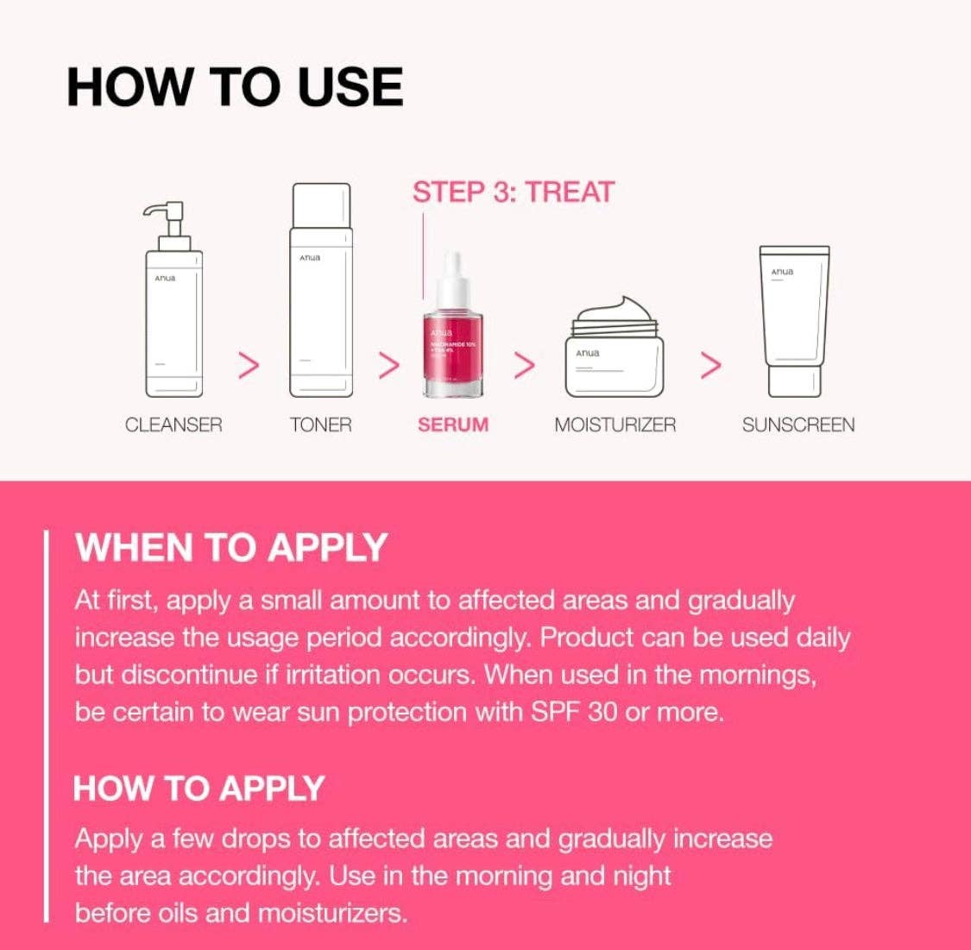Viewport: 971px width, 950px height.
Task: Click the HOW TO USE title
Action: [235, 87]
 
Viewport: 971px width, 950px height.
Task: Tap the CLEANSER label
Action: [173, 425]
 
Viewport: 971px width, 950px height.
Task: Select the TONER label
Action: [321, 425]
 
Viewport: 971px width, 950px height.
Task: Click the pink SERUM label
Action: [453, 425]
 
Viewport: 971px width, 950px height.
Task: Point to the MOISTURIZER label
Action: [615, 425]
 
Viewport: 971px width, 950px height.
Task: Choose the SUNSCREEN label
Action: [798, 425]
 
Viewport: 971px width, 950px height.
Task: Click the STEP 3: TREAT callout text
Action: [513, 192]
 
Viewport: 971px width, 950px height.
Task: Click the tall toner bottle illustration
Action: [321, 293]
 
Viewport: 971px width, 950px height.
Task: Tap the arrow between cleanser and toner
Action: [249, 366]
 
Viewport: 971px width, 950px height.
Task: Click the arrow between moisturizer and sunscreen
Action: [709, 366]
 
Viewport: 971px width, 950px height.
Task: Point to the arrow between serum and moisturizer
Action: [524, 366]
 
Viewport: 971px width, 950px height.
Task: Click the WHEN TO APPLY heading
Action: [231, 548]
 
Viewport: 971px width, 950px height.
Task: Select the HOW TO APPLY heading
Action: [199, 789]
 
